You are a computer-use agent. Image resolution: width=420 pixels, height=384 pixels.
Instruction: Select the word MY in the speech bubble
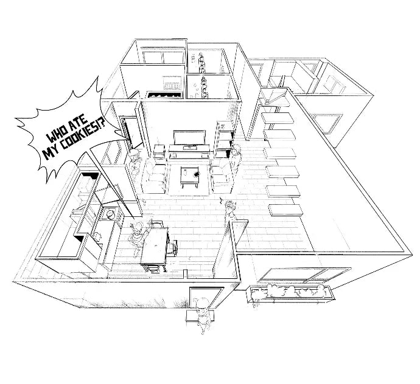(x=51, y=153)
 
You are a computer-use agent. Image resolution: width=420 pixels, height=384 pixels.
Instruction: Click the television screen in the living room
(x=189, y=138)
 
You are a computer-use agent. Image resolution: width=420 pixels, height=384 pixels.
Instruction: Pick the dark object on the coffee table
(x=197, y=174)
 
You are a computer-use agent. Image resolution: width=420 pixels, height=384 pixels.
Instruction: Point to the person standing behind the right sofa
(x=235, y=158)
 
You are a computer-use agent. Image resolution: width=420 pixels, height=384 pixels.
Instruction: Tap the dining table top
(x=155, y=245)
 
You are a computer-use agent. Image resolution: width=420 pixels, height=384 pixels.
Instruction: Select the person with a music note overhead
(x=230, y=211)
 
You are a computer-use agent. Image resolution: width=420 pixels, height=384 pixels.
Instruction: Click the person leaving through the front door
(x=202, y=315)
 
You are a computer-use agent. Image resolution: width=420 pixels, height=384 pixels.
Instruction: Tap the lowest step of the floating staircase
(x=285, y=210)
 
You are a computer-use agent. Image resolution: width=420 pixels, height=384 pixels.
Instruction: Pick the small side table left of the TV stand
(x=159, y=152)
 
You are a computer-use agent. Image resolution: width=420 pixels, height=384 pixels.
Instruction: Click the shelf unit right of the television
(x=224, y=139)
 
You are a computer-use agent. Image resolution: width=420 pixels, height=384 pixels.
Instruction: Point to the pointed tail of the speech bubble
(x=126, y=139)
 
